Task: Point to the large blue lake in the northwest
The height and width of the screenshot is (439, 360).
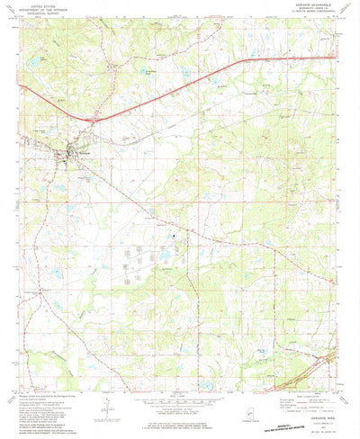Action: coord(36,60)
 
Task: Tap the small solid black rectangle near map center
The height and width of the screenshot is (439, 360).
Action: coord(176,237)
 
